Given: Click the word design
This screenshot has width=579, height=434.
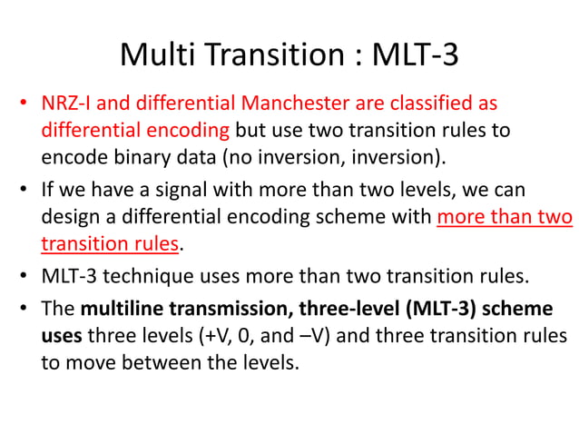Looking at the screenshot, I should point(70,219).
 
